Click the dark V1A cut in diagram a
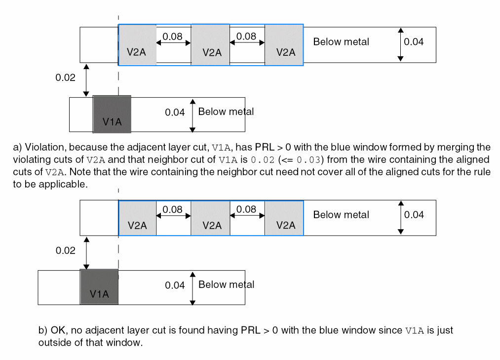pyautogui.click(x=112, y=114)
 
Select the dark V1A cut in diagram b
pyautogui.click(x=99, y=287)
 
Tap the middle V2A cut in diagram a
pyautogui.click(x=210, y=45)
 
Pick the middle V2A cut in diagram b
pyautogui.click(x=210, y=218)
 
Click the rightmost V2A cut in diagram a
pyautogui.click(x=284, y=45)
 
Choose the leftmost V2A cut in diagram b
pyautogui.click(x=138, y=218)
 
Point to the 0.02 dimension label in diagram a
pyautogui.click(x=66, y=78)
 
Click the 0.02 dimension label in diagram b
pyautogui.click(x=66, y=250)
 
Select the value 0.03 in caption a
pyautogui.click(x=308, y=160)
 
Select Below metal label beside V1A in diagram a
pyautogui.click(x=226, y=112)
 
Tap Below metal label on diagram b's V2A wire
pyautogui.click(x=341, y=215)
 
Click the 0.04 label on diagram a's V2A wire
pyautogui.click(x=414, y=42)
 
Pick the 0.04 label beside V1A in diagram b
pyautogui.click(x=175, y=285)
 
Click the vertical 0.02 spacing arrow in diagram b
pyautogui.click(x=87, y=252)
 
